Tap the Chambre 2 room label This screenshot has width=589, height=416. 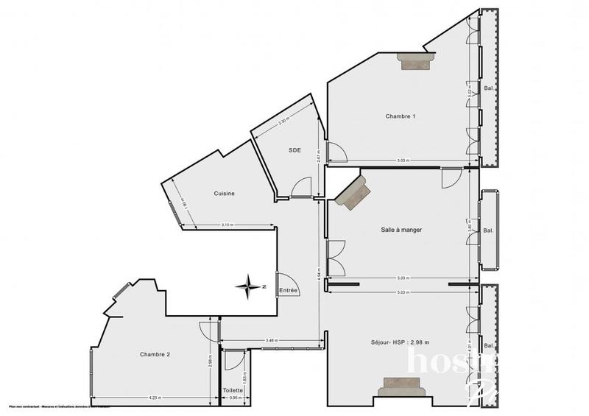coord(155,354)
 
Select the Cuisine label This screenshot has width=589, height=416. coord(225,194)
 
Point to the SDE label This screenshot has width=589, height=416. coord(294,150)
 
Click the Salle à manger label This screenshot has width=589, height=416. coord(401,230)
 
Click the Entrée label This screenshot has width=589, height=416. coord(289,290)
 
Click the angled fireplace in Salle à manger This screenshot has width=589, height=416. coord(354,191)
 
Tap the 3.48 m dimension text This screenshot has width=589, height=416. coord(271,339)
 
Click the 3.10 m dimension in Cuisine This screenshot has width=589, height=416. coord(228,225)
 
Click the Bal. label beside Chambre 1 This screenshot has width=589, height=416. coord(488,89)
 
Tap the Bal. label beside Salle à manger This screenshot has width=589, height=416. coord(488,229)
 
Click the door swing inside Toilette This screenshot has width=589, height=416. coord(233,361)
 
